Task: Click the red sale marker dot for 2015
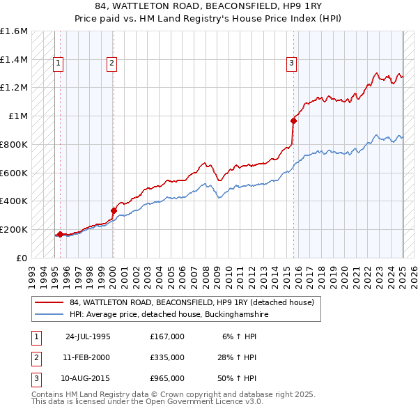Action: coord(293,121)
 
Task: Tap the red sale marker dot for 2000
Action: coord(114,210)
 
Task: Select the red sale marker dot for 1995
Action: coord(61,234)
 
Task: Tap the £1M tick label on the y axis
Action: coord(19,116)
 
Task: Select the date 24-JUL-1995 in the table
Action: coord(88,336)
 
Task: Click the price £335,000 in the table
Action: coord(167,357)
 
